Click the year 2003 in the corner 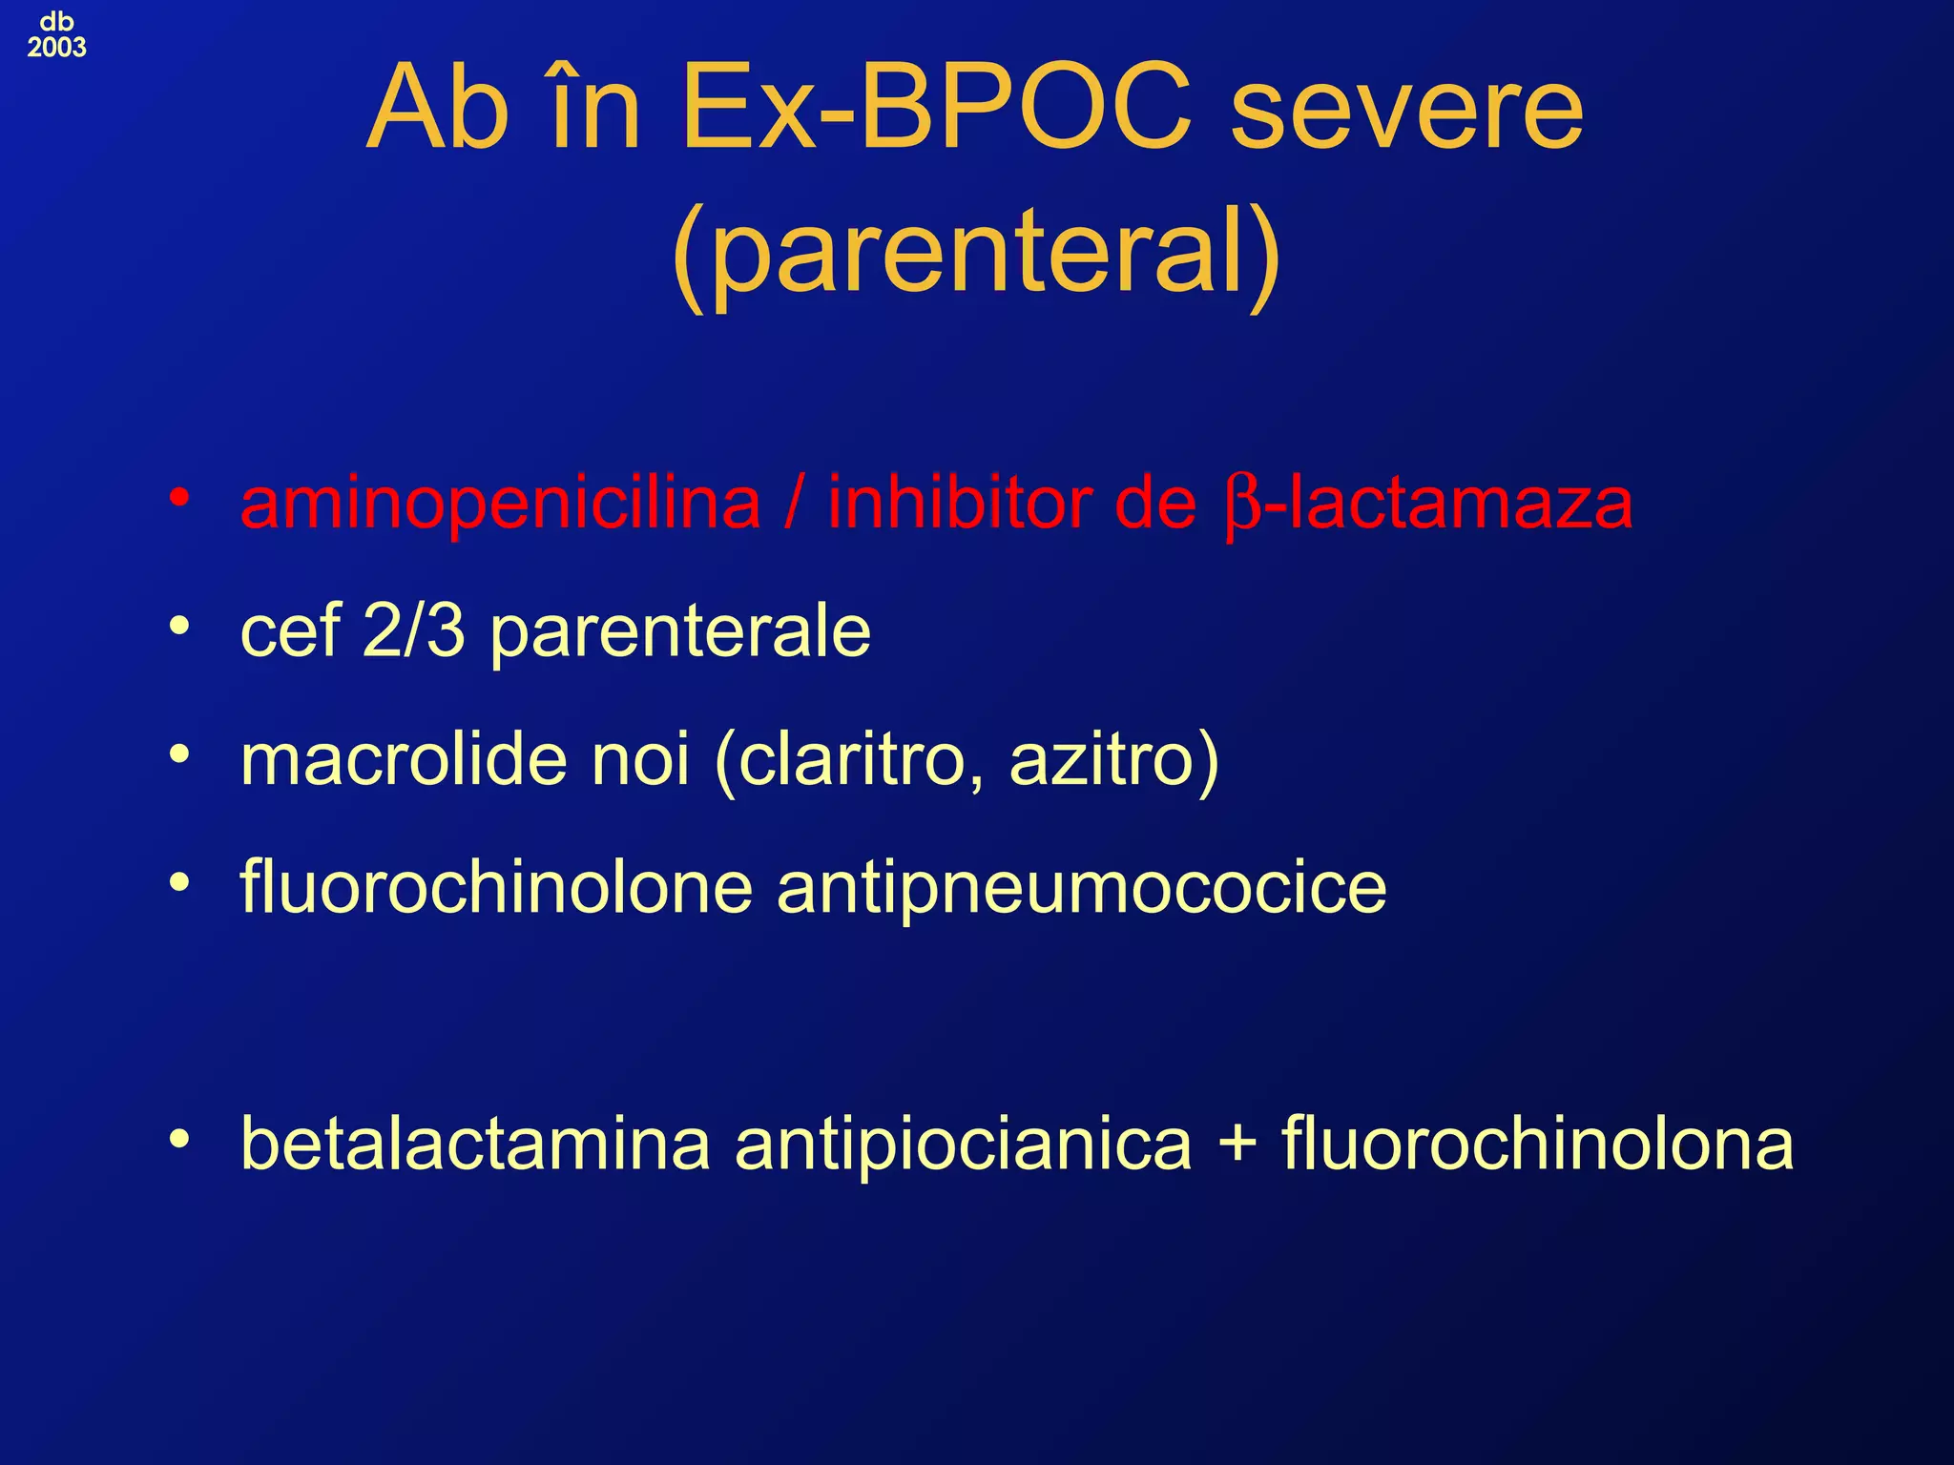(56, 48)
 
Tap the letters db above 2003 (56, 22)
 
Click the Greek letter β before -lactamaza (1243, 506)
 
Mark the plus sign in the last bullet (1237, 1145)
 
